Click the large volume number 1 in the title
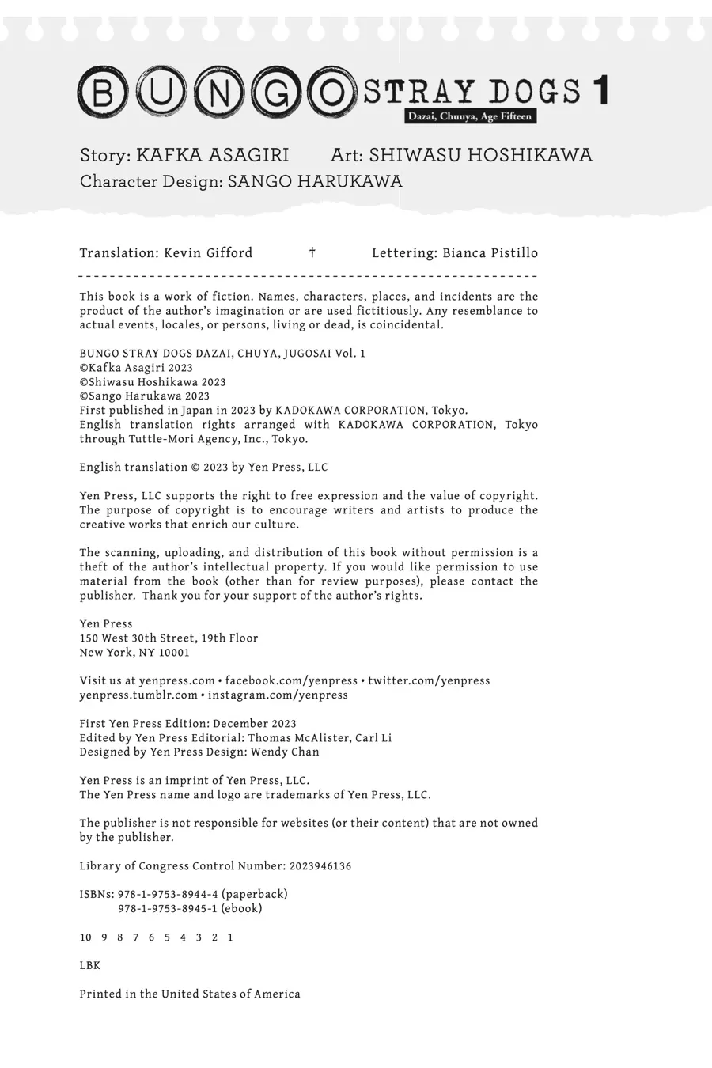pyautogui.click(x=600, y=91)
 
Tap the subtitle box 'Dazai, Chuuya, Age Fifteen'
pyautogui.click(x=470, y=116)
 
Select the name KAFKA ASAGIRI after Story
pyautogui.click(x=212, y=155)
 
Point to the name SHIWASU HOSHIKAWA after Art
pyautogui.click(x=480, y=155)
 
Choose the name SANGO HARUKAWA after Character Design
pyautogui.click(x=315, y=182)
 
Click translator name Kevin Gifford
pyautogui.click(x=208, y=253)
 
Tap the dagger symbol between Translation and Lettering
pyautogui.click(x=312, y=253)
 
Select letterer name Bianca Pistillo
pyautogui.click(x=490, y=253)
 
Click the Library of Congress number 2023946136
pyautogui.click(x=320, y=865)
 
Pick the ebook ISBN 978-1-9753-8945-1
pyautogui.click(x=168, y=908)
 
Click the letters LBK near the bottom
pyautogui.click(x=90, y=965)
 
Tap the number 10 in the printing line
pyautogui.click(x=85, y=937)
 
